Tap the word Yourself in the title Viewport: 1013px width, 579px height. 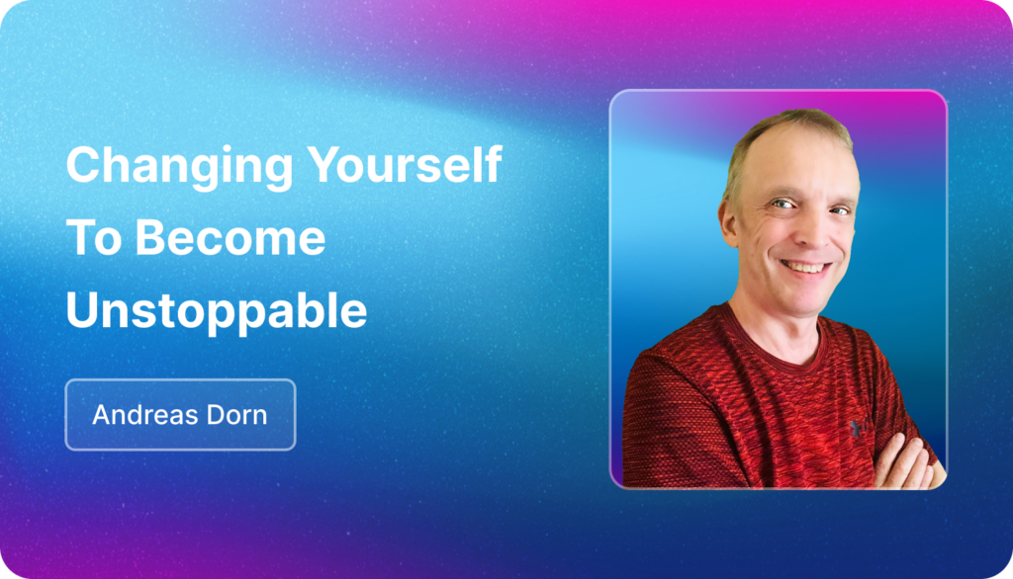coord(405,164)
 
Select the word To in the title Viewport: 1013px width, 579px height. coord(94,237)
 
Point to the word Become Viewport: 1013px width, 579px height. coord(230,237)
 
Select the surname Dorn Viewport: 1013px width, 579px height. coord(237,414)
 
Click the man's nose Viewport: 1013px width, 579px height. coord(813,231)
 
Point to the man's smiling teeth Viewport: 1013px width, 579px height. coord(805,266)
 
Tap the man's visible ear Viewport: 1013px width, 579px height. coord(729,222)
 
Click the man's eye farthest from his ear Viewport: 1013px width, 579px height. coord(840,209)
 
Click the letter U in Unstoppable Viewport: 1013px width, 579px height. coord(81,310)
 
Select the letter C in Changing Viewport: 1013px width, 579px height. coord(84,165)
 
